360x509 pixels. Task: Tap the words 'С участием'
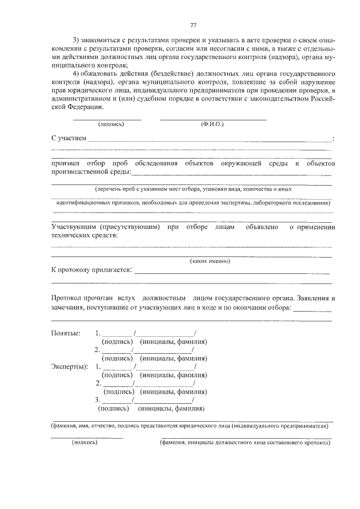pos(69,138)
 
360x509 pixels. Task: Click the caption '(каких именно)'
pos(210,261)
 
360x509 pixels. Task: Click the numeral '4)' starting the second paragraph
pos(78,75)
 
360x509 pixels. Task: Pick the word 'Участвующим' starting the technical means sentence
pos(74,227)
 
